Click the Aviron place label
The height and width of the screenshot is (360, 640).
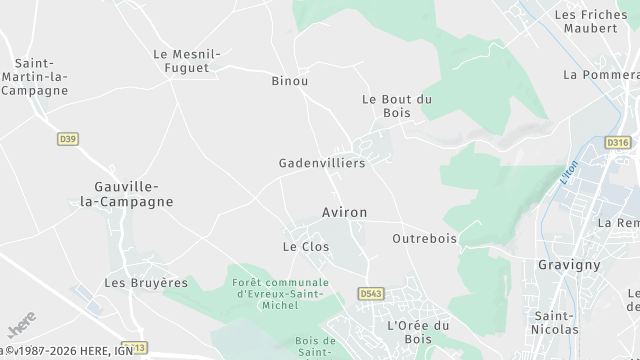click(345, 213)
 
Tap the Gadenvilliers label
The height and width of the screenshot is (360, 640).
click(321, 162)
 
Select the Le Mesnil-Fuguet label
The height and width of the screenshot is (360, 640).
click(185, 61)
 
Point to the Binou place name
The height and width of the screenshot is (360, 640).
click(290, 80)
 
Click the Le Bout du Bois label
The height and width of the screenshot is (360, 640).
click(396, 106)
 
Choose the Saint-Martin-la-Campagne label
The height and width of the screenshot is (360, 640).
click(35, 76)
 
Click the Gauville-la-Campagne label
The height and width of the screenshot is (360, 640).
click(133, 193)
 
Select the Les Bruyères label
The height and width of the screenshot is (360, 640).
click(146, 283)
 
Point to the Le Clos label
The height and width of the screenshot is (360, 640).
click(306, 246)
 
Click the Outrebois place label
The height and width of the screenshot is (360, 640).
click(424, 239)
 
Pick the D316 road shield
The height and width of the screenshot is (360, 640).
click(617, 143)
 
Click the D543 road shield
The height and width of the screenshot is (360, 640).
click(370, 293)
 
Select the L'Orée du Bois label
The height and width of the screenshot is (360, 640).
click(418, 333)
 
